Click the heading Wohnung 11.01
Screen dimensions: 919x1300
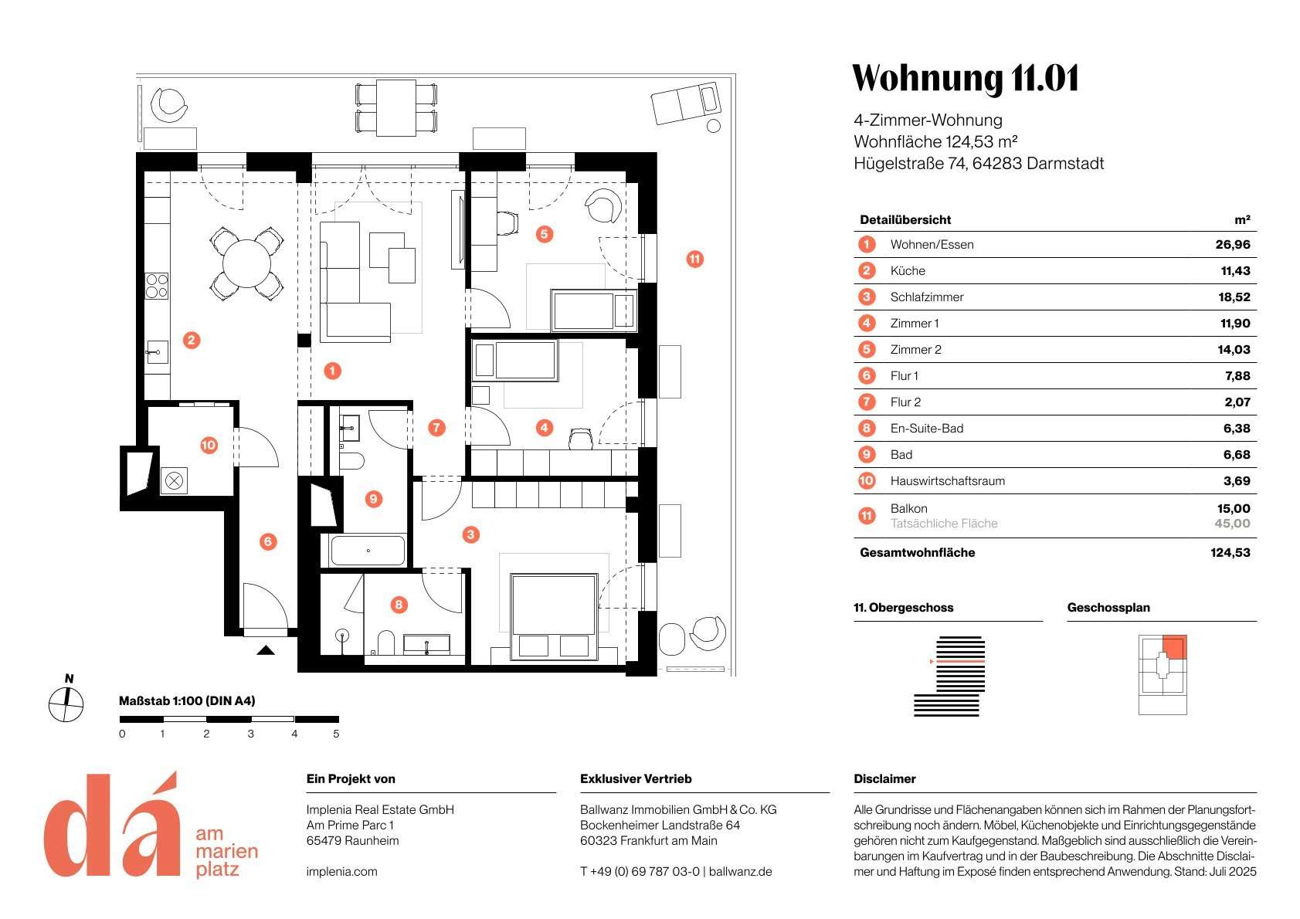pos(965,79)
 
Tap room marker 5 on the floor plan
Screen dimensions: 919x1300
pos(544,233)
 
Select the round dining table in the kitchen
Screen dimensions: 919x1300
pos(246,263)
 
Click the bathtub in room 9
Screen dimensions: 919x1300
pos(368,551)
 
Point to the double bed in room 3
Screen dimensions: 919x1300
pos(554,614)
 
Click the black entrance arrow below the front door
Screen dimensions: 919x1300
pos(265,650)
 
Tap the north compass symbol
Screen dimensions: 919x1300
pos(66,704)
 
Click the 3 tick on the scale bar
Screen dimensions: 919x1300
pos(250,734)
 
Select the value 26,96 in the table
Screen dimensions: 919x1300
pos(1232,245)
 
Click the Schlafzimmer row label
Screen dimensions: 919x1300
pos(926,297)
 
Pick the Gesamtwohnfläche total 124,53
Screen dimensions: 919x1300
pos(1230,553)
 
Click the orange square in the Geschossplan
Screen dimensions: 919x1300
pos(1174,646)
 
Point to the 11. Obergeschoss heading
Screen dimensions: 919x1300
pos(903,608)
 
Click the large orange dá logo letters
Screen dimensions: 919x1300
pos(112,826)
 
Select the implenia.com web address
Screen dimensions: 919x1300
pos(341,872)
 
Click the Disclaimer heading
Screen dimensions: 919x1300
pos(884,779)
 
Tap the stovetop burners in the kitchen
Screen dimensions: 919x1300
pos(157,286)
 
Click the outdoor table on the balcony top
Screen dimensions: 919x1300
pos(395,108)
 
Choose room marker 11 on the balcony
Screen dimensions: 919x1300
pos(694,259)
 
